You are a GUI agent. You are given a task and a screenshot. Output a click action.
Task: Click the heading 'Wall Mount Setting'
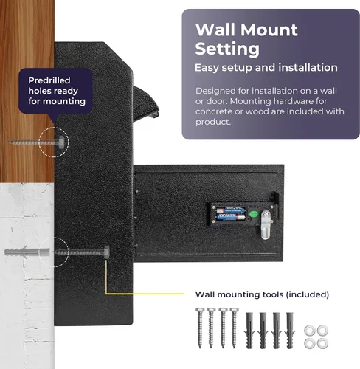pyautogui.click(x=246, y=39)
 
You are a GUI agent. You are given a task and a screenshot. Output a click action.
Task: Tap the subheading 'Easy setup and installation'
pyautogui.click(x=266, y=68)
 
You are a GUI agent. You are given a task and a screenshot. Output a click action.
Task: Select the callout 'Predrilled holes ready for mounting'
pyautogui.click(x=57, y=91)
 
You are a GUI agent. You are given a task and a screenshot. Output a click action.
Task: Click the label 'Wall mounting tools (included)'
pyautogui.click(x=262, y=294)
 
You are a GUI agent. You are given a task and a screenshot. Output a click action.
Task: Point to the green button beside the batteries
pyautogui.click(x=254, y=214)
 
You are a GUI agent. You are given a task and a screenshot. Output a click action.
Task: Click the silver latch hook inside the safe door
pyautogui.click(x=266, y=224)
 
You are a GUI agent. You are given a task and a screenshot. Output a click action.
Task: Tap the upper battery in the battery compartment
pyautogui.click(x=231, y=210)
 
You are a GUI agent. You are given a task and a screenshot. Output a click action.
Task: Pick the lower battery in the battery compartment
pyautogui.click(x=231, y=217)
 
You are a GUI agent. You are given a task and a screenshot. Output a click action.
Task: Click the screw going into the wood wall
pyautogui.click(x=36, y=142)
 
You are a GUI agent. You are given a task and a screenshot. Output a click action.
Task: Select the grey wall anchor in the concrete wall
pyautogui.click(x=27, y=252)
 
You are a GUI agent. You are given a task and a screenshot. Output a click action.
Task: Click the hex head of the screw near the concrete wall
pyautogui.click(x=106, y=252)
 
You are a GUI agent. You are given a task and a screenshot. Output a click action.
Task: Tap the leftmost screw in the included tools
pyautogui.click(x=200, y=328)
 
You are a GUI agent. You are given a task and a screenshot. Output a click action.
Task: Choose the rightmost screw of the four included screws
pyautogui.click(x=234, y=328)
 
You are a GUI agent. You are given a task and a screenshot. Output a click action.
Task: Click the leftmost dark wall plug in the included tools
pyautogui.click(x=249, y=331)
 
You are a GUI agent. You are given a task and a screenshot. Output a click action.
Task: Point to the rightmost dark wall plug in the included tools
pyautogui.click(x=290, y=331)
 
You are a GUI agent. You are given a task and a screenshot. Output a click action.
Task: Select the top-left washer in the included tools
pyautogui.click(x=310, y=331)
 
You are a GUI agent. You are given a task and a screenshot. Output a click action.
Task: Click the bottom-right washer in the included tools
pyautogui.click(x=322, y=343)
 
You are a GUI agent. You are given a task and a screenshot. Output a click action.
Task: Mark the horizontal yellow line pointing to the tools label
pyautogui.click(x=145, y=294)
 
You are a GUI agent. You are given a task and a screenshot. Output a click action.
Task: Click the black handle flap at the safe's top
pyautogui.click(x=145, y=102)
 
